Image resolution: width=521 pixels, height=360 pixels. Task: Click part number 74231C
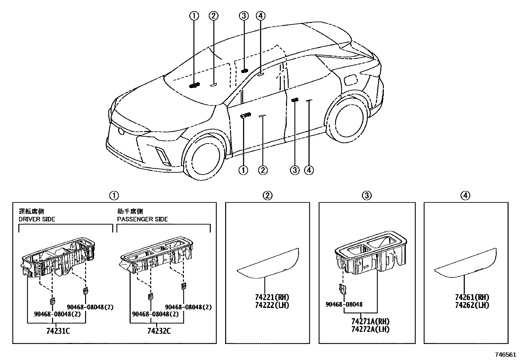[x=58, y=331]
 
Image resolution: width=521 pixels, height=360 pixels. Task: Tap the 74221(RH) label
[x=272, y=297]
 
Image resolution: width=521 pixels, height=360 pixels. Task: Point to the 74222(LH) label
[x=272, y=305]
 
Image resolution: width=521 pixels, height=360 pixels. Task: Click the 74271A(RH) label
[x=370, y=322]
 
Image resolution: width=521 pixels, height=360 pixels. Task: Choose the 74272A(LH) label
[x=370, y=329]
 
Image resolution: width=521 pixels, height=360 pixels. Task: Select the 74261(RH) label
[x=472, y=297]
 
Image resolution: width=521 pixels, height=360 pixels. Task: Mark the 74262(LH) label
[x=472, y=305]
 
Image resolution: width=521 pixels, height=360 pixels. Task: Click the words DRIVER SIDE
[x=37, y=219]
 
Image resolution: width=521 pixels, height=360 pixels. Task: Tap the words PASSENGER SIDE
[x=142, y=219]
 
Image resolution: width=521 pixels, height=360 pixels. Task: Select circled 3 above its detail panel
[x=367, y=196]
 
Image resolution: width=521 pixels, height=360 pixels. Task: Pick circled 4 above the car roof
[x=260, y=15]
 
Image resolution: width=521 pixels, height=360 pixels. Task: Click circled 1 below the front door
[x=243, y=170]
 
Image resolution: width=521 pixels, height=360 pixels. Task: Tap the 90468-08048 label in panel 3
[x=344, y=304]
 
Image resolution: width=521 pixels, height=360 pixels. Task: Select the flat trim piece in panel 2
[x=268, y=264]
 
